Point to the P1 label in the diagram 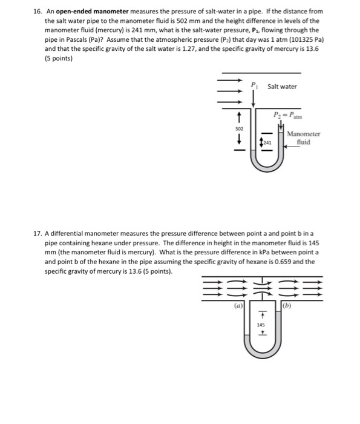(254, 85)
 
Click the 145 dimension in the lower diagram (261, 325)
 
